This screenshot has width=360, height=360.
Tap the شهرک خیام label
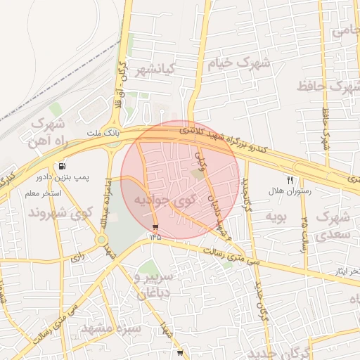[x=239, y=63]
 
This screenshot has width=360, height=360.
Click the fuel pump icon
[x=64, y=167]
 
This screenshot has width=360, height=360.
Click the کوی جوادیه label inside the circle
[x=164, y=201]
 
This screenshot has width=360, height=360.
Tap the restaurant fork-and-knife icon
[x=290, y=180]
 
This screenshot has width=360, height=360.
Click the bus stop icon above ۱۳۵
[x=155, y=227]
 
